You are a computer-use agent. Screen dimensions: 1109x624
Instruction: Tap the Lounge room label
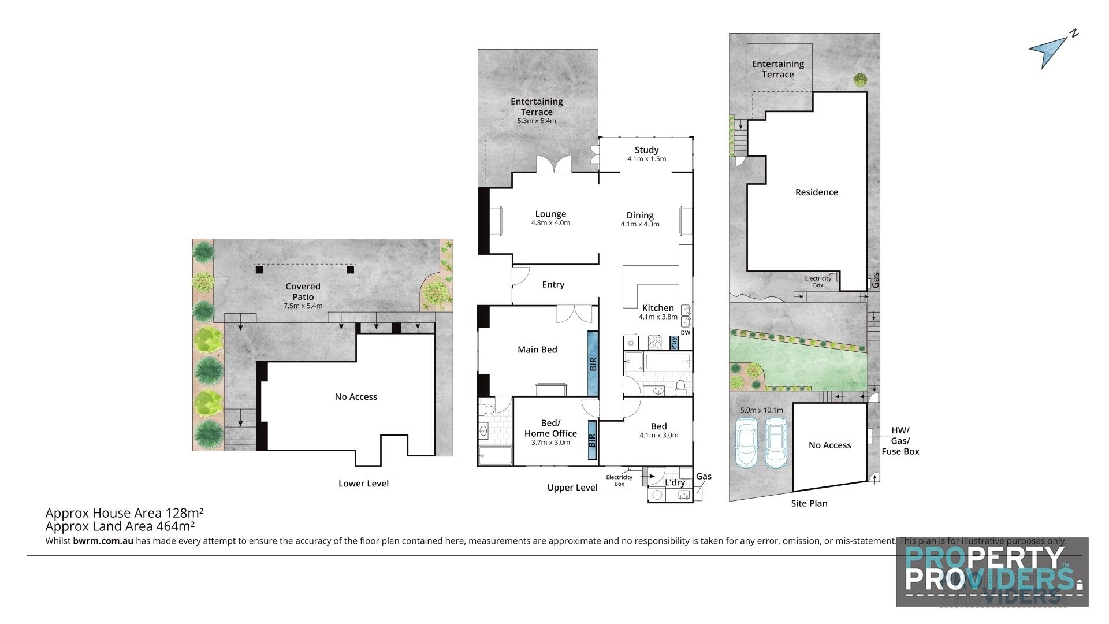pyautogui.click(x=550, y=214)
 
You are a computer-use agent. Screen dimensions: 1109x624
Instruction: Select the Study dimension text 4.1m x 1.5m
pyautogui.click(x=646, y=159)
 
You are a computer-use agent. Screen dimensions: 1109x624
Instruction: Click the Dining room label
pyautogui.click(x=640, y=216)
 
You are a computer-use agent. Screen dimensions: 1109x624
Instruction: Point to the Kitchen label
pyautogui.click(x=658, y=308)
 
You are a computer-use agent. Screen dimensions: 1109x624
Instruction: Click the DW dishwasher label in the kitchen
pyautogui.click(x=685, y=333)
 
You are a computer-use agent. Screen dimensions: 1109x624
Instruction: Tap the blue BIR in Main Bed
pyautogui.click(x=593, y=363)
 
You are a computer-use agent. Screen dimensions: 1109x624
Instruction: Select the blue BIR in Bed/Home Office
pyautogui.click(x=592, y=440)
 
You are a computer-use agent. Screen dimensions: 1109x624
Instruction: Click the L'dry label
pyautogui.click(x=675, y=482)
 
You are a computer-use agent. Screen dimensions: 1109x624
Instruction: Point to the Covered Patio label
pyautogui.click(x=303, y=291)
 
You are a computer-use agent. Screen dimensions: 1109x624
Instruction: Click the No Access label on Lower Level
pyautogui.click(x=356, y=397)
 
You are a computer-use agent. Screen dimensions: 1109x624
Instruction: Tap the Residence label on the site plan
pyautogui.click(x=816, y=192)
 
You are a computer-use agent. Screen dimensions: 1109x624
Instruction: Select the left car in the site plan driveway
pyautogui.click(x=746, y=442)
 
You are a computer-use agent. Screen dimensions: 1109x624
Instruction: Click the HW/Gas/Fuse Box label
pyautogui.click(x=900, y=441)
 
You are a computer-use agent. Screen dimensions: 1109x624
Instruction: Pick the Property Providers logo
pyautogui.click(x=992, y=572)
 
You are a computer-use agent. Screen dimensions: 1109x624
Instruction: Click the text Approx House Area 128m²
pyautogui.click(x=124, y=513)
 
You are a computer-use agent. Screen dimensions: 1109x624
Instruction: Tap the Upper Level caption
pyautogui.click(x=572, y=488)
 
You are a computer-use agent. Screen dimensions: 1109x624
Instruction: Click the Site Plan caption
pyautogui.click(x=809, y=503)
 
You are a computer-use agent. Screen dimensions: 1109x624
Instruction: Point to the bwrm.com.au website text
pyautogui.click(x=103, y=541)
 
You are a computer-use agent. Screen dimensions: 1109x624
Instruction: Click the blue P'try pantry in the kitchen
pyautogui.click(x=673, y=343)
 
